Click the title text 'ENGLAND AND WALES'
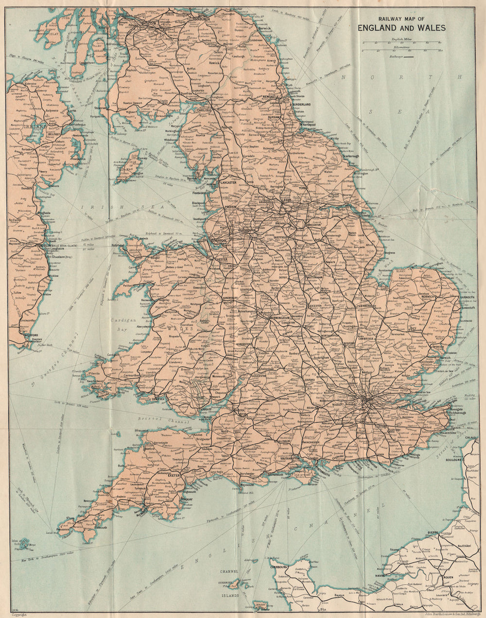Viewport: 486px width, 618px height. [x=401, y=28]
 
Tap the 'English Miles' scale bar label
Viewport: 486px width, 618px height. [x=401, y=38]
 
